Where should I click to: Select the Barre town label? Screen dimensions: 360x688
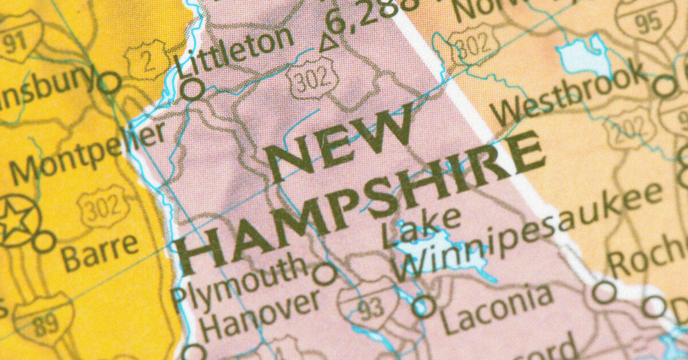pos(100,252)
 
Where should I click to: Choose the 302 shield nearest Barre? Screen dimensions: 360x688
pos(101,207)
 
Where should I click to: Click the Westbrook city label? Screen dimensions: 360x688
pos(568,95)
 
